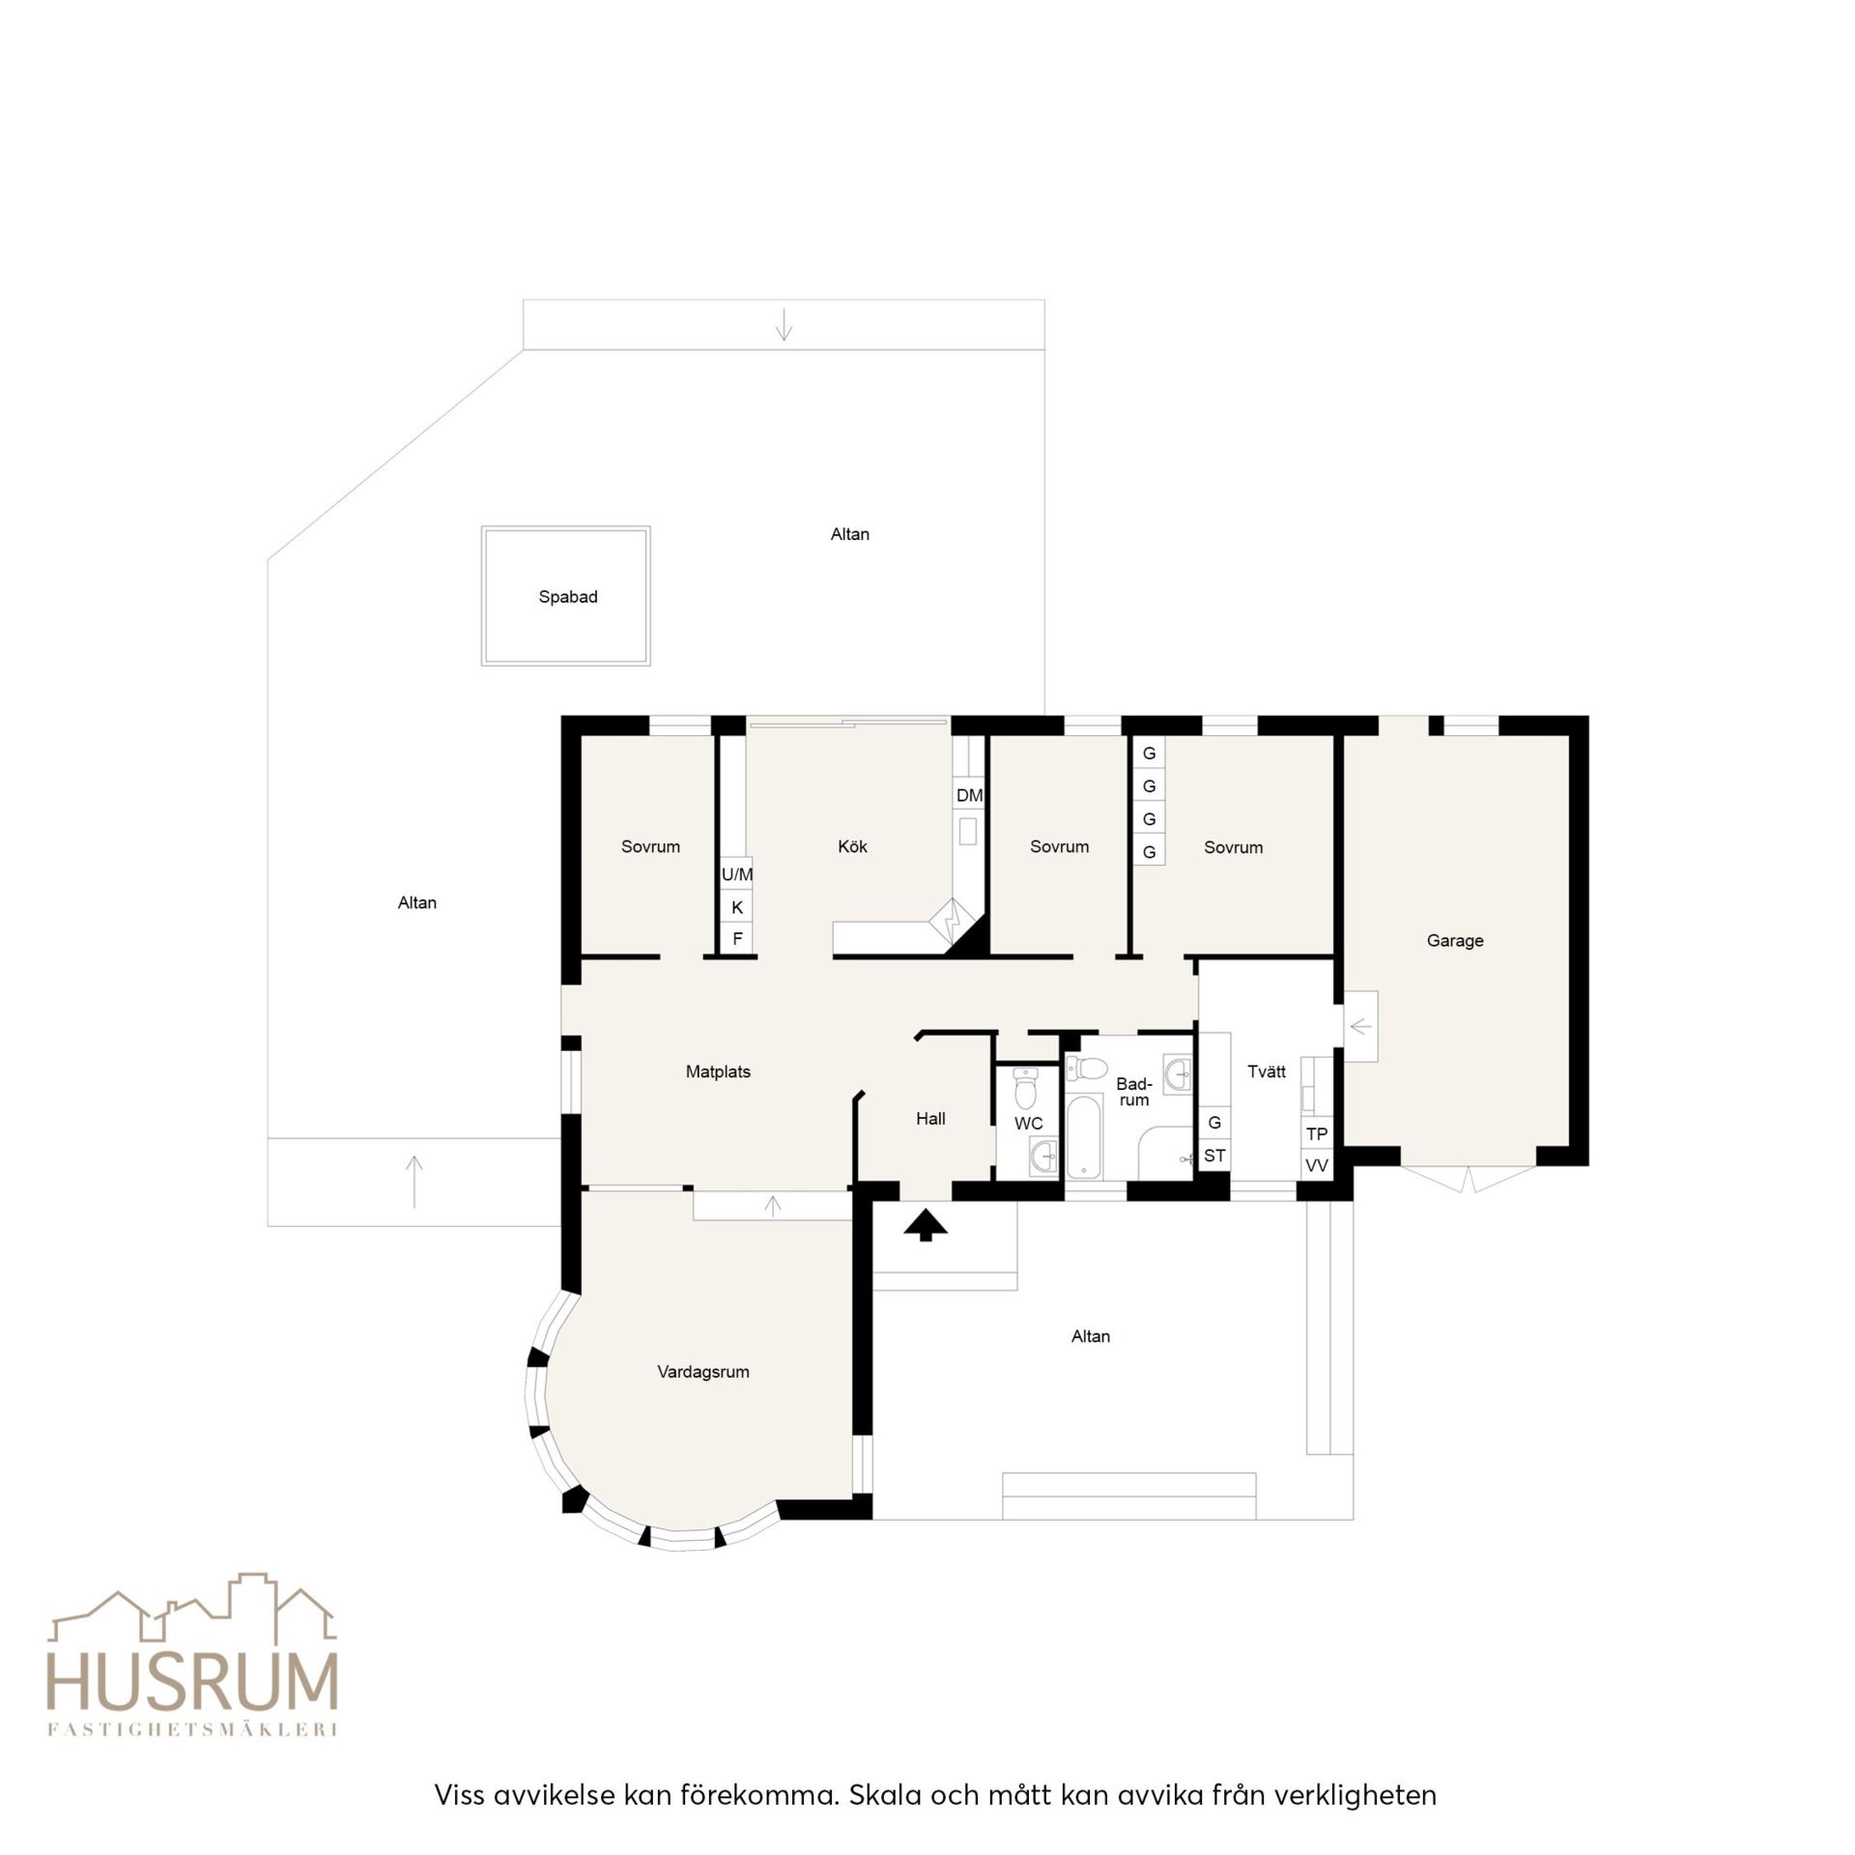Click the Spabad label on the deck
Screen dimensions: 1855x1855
pyautogui.click(x=568, y=597)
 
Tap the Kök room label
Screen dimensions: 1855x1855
pyautogui.click(x=852, y=846)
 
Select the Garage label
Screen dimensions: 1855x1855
pyautogui.click(x=1455, y=941)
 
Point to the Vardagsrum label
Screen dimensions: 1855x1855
pyautogui.click(x=703, y=1372)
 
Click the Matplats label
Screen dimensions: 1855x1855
pyautogui.click(x=718, y=1071)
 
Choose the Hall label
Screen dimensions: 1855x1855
pyautogui.click(x=930, y=1119)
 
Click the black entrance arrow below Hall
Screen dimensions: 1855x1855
pyautogui.click(x=926, y=1224)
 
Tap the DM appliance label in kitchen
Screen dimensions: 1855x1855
pyautogui.click(x=969, y=796)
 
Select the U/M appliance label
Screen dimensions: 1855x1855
pyautogui.click(x=737, y=874)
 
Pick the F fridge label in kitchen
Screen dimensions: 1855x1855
pyautogui.click(x=737, y=939)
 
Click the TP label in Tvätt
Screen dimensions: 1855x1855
pyautogui.click(x=1317, y=1134)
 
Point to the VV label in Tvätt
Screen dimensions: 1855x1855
pyautogui.click(x=1317, y=1166)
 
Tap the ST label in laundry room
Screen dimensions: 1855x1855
pyautogui.click(x=1214, y=1156)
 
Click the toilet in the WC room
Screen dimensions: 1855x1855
pyautogui.click(x=1025, y=1089)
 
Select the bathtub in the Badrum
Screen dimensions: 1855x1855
pyautogui.click(x=1085, y=1136)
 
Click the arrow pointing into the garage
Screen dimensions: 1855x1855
pyautogui.click(x=1360, y=1026)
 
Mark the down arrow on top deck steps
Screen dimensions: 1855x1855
pyautogui.click(x=784, y=324)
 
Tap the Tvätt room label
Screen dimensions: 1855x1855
pyautogui.click(x=1267, y=1071)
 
